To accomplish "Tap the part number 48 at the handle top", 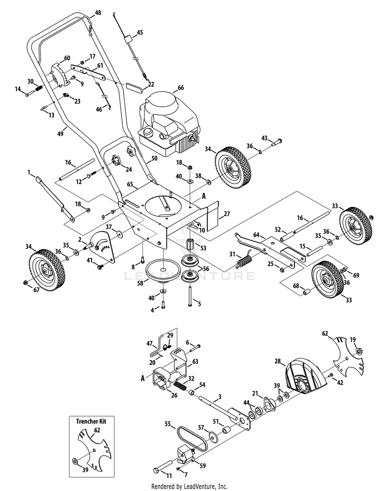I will (98, 12).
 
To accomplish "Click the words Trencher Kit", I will (94, 421).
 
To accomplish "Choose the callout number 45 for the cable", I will (140, 32).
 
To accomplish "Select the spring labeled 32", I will (180, 387).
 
